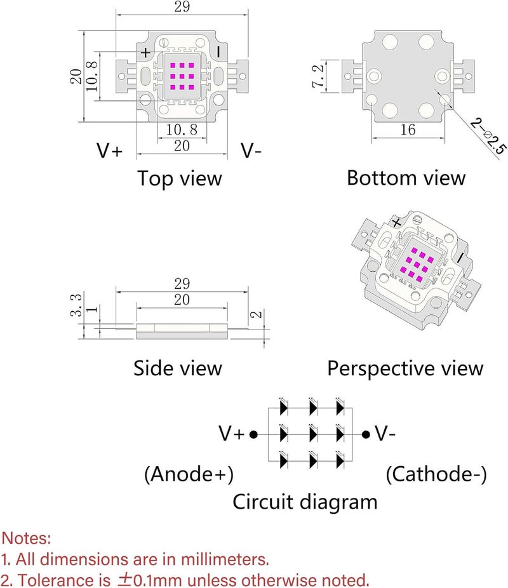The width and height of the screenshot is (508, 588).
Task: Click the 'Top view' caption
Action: coord(180,178)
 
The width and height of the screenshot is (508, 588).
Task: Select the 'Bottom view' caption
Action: coord(406,178)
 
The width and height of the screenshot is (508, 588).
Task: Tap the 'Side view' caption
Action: coord(178,368)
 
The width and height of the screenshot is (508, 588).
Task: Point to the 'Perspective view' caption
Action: coord(405,369)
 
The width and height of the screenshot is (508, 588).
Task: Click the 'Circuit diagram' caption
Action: coord(305,502)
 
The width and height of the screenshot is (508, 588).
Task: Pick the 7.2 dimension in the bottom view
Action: coord(318,76)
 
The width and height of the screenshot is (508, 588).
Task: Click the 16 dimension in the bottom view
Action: coord(408,130)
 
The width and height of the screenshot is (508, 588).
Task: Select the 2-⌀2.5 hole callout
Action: coord(488,136)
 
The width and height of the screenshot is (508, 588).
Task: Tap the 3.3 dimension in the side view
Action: coord(76,305)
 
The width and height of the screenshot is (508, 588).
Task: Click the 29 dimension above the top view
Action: coord(182,6)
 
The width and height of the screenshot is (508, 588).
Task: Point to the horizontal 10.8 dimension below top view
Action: coord(182,130)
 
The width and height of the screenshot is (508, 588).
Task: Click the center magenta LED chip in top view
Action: coord(182,76)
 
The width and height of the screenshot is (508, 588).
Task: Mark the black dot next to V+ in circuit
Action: coord(254,434)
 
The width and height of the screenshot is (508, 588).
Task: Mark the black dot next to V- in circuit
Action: coord(366,434)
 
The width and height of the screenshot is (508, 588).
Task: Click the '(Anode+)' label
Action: coord(189,474)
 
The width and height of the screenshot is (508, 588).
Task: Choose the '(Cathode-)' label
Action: coord(436,474)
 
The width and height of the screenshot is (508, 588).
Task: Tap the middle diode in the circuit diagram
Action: coord(312,434)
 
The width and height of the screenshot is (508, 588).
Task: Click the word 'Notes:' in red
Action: coord(26,538)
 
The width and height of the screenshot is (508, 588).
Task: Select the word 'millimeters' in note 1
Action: coord(224,559)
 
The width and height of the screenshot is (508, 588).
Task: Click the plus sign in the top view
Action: coord(146,53)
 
